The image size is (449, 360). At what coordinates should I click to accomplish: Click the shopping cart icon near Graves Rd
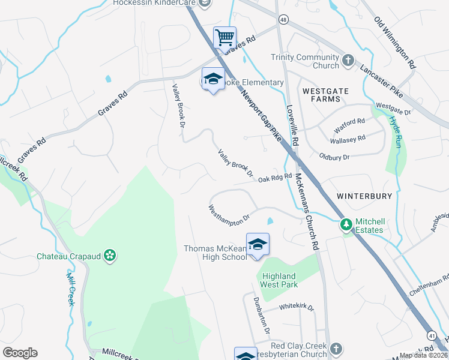224,38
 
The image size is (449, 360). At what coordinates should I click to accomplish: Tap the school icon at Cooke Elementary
212,79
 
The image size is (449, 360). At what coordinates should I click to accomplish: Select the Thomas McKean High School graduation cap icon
258,244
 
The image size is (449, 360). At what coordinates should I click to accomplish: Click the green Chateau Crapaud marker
109,256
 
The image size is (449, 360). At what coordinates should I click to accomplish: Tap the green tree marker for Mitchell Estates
346,225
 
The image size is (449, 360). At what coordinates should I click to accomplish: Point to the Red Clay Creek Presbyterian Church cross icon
336,349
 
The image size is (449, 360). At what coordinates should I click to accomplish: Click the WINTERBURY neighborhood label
364,196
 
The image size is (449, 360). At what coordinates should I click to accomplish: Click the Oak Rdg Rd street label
275,178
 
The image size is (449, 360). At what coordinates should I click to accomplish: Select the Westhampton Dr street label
228,213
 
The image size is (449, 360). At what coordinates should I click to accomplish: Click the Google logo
20,353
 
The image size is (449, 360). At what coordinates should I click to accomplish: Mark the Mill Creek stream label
70,287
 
